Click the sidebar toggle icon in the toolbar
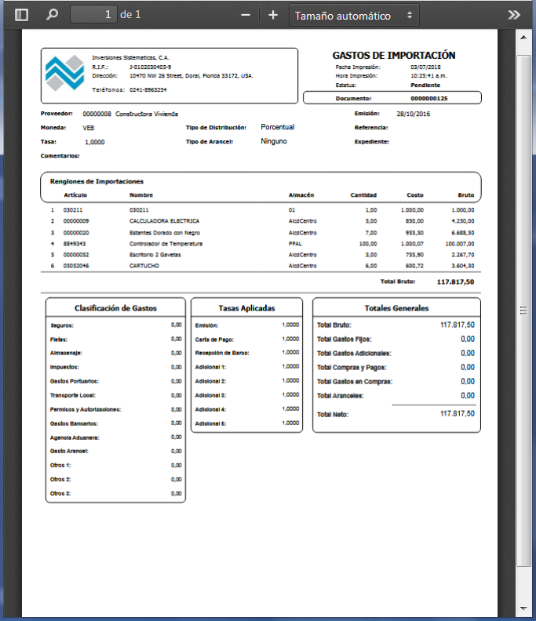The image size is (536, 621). coord(21,15)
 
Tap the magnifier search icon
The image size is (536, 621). coord(53,15)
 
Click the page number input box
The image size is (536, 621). coord(93,15)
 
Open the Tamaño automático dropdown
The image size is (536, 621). coord(354,15)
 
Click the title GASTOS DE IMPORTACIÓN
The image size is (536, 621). coord(394,56)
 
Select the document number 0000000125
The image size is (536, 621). coord(428,99)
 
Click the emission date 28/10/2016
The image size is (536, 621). coord(414,114)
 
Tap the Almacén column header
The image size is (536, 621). coord(301,194)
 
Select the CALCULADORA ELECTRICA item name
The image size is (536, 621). coord(164,221)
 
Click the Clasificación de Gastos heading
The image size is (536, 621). coord(116,308)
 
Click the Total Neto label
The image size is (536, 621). coord(332,413)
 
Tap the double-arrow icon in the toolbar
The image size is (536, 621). coord(514,15)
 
